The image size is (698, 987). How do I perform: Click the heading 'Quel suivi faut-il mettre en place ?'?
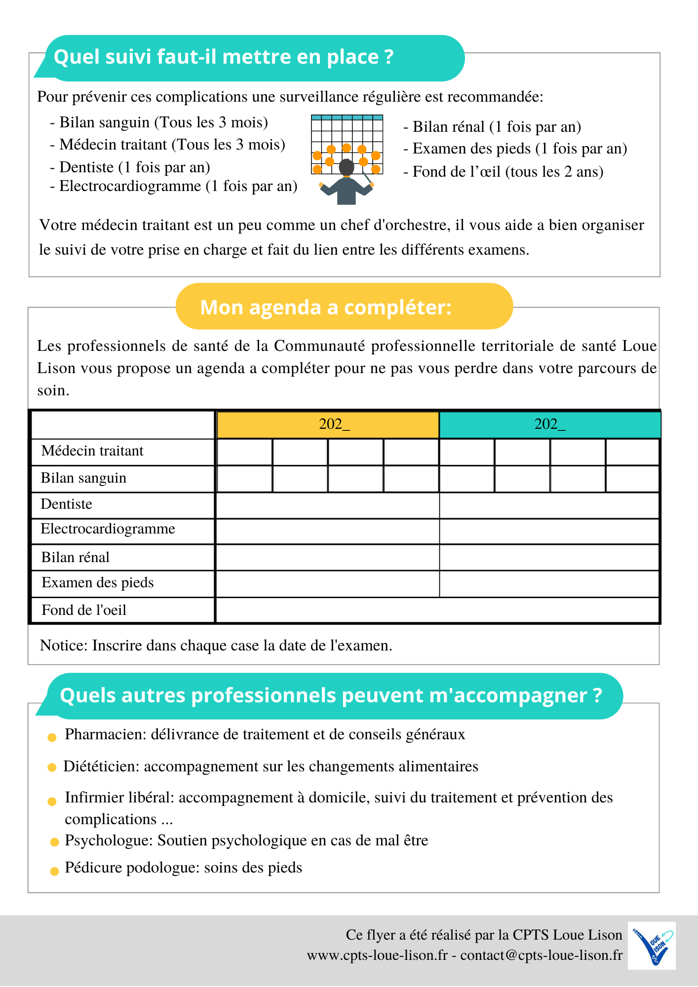coord(224,57)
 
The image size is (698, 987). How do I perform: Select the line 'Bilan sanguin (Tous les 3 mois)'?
coord(163,122)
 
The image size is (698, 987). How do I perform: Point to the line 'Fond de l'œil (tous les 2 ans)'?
coord(507,172)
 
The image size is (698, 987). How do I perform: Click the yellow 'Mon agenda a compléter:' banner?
coord(326,307)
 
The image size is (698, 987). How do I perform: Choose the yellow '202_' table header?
coord(328,424)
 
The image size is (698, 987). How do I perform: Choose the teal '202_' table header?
coord(549,424)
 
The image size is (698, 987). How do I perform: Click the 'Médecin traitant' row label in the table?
coord(92,451)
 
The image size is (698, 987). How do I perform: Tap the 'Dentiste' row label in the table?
coord(67,504)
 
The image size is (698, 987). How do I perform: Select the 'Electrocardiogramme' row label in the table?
coord(108,529)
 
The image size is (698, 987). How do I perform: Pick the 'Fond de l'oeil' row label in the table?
coord(84,610)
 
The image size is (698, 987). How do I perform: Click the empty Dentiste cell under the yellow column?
coord(328,505)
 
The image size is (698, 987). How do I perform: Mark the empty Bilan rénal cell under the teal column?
coord(549,558)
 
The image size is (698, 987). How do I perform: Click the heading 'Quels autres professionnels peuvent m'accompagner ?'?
coord(331,696)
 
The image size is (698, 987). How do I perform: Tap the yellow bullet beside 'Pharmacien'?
coord(52,738)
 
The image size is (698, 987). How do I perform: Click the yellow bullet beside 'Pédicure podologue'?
coord(55,872)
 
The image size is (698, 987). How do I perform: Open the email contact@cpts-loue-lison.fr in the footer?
coord(541,955)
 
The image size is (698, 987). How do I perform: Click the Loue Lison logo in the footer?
coord(652,946)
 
